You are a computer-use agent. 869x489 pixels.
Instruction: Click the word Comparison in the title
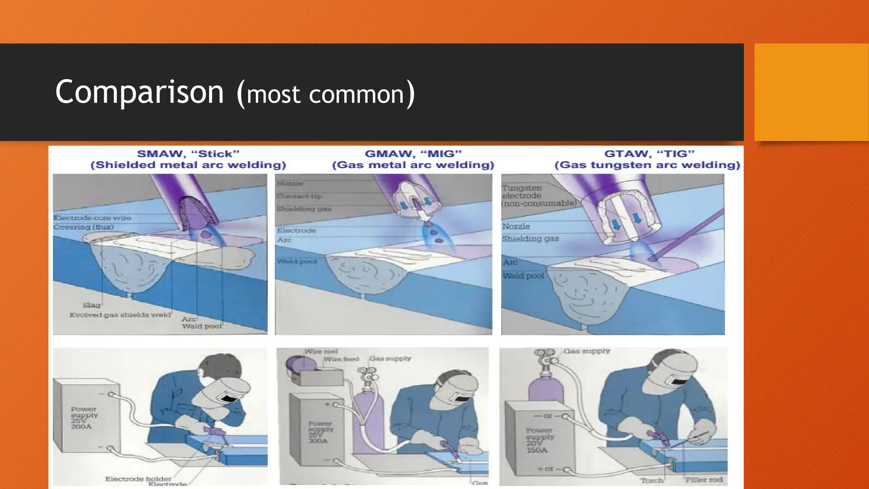click(139, 93)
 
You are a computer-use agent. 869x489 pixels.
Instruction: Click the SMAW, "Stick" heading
click(188, 154)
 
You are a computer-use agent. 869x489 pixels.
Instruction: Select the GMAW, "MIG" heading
click(413, 154)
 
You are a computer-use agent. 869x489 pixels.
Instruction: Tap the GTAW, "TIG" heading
click(649, 154)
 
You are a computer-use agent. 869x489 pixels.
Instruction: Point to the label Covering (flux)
click(84, 227)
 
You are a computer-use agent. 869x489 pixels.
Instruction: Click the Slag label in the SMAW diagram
click(92, 305)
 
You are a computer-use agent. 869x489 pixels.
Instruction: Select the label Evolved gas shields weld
click(120, 315)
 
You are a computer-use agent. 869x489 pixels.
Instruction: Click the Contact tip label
click(300, 196)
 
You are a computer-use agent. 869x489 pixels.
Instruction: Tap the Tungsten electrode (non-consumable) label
click(539, 196)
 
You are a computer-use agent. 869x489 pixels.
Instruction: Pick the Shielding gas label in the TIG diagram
click(530, 239)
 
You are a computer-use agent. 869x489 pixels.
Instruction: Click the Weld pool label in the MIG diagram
click(297, 261)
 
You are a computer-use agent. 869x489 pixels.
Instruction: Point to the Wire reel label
click(321, 351)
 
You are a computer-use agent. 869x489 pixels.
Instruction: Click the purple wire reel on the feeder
click(299, 364)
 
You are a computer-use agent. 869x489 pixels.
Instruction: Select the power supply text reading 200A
click(81, 427)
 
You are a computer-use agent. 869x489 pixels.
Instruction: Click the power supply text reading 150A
click(537, 450)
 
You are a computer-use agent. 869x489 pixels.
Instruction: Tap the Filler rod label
click(704, 480)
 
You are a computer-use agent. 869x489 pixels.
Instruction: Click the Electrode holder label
click(138, 479)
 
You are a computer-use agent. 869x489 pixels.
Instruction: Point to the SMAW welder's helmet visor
click(230, 398)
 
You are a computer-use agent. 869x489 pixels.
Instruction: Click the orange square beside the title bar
click(811, 92)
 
